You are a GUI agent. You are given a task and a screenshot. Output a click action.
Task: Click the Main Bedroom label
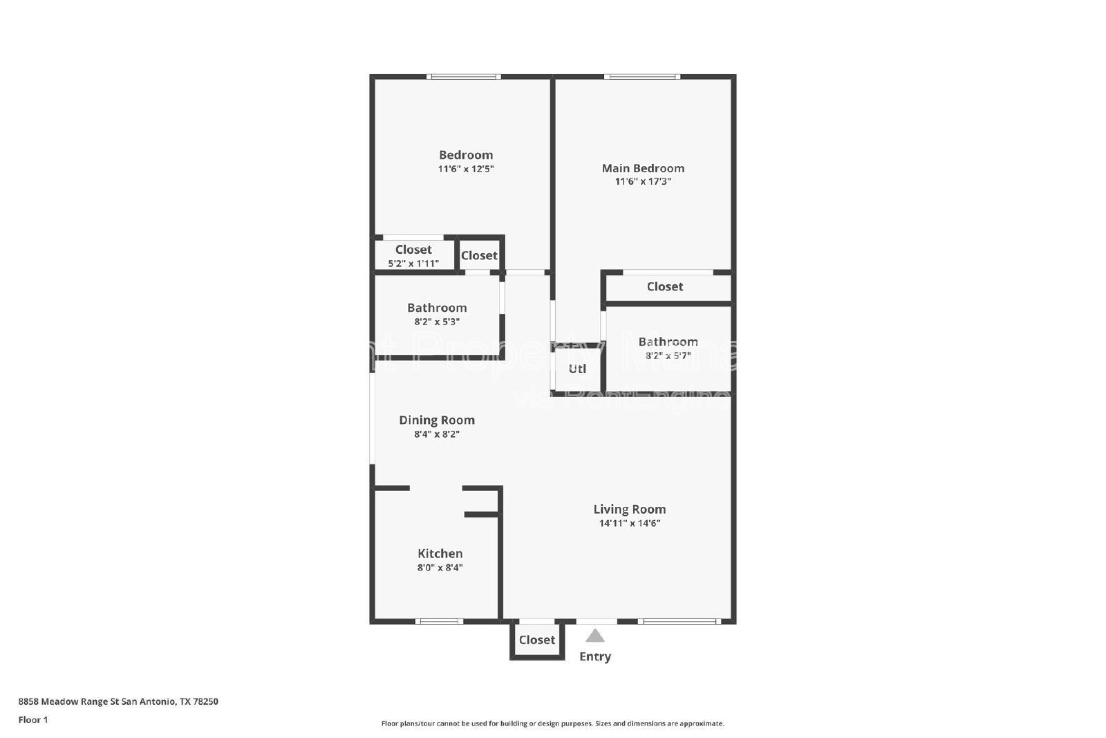pos(643,168)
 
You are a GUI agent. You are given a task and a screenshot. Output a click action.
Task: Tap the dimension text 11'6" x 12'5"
pos(466,169)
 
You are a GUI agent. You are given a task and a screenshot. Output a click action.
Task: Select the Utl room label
pos(577,369)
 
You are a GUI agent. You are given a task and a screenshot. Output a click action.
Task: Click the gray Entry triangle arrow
pos(595,636)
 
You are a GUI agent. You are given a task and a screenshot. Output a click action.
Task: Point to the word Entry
pos(595,656)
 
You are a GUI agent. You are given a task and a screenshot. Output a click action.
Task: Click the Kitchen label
pos(440,553)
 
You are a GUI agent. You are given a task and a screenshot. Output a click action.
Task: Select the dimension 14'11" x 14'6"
pos(629,524)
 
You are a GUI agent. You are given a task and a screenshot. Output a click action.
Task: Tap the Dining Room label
pos(437,420)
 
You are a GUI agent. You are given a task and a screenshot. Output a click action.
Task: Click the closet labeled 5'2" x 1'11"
pos(413,264)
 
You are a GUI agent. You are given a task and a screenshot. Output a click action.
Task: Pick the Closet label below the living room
pos(537,640)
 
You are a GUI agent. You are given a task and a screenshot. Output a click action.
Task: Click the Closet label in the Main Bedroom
pos(665,286)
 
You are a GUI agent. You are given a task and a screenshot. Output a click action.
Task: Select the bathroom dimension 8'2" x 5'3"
pos(437,322)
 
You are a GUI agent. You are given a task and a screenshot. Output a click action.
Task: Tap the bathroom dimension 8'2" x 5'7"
pos(668,356)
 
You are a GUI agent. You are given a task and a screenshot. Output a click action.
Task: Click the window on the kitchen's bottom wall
pos(439,621)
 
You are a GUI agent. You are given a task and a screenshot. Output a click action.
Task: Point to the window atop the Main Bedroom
pos(642,76)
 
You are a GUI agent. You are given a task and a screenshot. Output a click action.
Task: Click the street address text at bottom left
pos(118,701)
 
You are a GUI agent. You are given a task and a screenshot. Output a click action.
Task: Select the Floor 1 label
pos(33,720)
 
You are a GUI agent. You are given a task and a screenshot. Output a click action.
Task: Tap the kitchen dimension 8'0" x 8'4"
pos(440,568)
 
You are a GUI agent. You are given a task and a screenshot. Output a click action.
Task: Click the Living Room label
pos(629,509)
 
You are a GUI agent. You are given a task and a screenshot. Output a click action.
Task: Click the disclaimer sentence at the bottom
pos(553,723)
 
